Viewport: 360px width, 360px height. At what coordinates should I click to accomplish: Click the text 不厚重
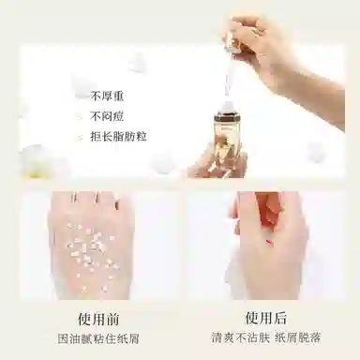(x=111, y=96)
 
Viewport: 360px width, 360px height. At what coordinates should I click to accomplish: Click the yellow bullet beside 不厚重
(x=82, y=96)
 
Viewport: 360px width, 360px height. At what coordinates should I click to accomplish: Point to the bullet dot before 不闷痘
(x=82, y=116)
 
